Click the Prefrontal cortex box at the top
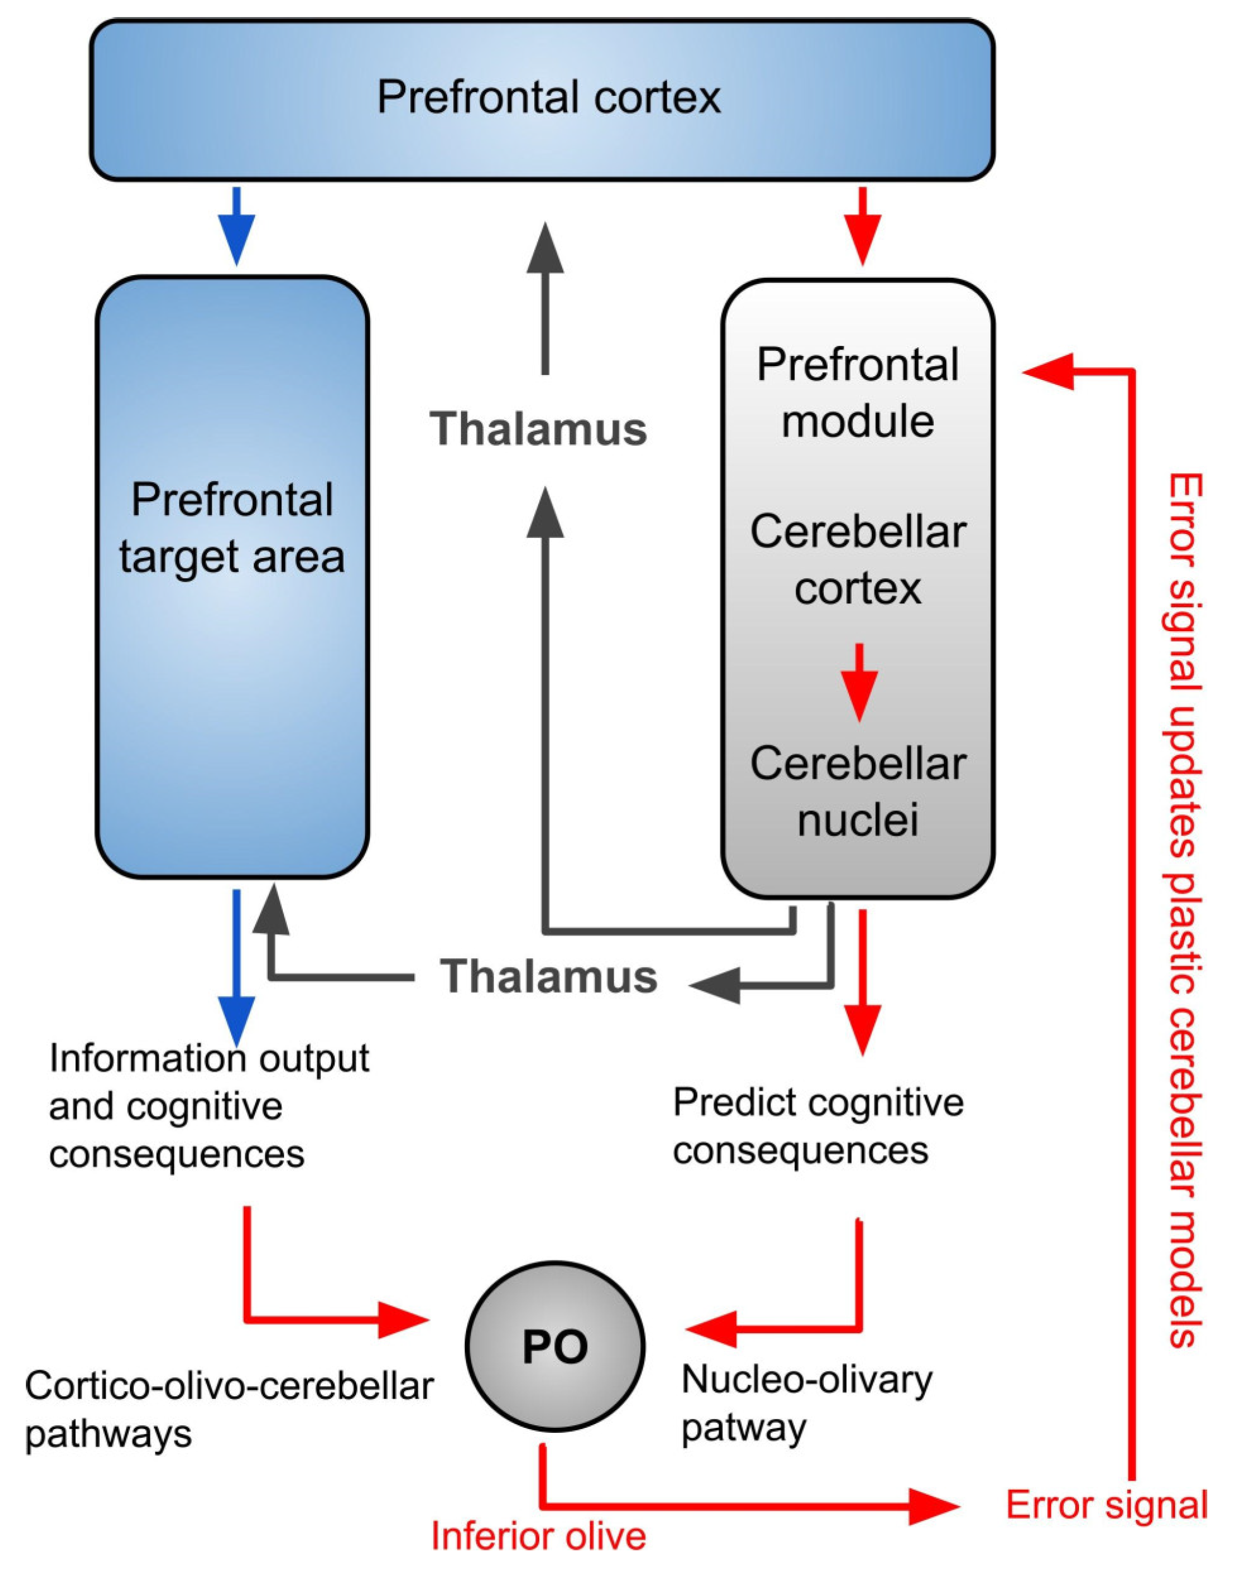(542, 100)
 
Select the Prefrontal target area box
(232, 576)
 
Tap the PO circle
(555, 1346)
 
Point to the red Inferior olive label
(538, 1535)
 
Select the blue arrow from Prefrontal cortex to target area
(237, 226)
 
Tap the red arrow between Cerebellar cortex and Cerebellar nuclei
(859, 682)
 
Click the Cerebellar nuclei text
(857, 792)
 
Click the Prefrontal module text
(857, 393)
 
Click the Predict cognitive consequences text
(818, 1125)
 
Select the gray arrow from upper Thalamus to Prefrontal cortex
(545, 299)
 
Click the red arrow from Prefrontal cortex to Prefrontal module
(862, 226)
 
